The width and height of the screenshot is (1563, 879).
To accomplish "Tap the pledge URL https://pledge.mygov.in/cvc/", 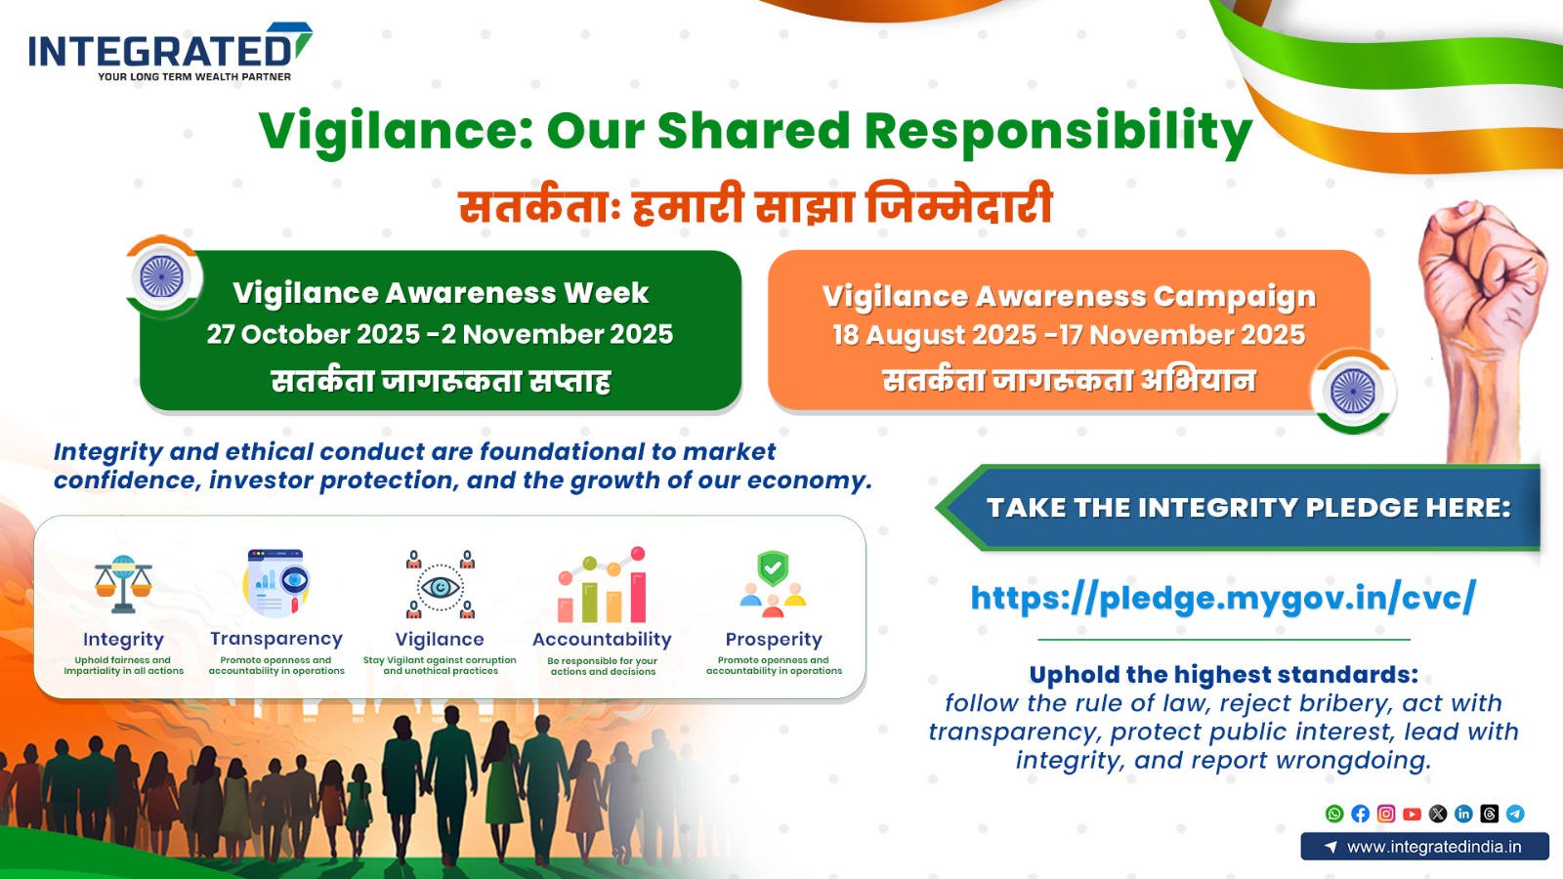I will coord(1222,597).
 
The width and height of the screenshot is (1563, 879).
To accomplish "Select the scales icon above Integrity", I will coord(123,584).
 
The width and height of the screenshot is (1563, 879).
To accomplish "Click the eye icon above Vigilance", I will coord(440,586).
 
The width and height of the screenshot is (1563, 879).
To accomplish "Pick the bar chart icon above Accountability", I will coord(602,586).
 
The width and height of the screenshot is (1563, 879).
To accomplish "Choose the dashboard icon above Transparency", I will coord(276,583).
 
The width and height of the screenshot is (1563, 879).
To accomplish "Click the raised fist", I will coord(1479,293).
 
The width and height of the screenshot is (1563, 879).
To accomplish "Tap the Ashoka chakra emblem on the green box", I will coord(162,277).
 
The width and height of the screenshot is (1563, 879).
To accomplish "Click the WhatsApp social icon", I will coord(1334,814).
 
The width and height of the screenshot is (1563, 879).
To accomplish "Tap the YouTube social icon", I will coord(1412,814).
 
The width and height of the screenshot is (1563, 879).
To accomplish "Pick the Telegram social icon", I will coord(1515,814).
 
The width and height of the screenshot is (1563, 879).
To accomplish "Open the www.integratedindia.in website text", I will coord(1433,847).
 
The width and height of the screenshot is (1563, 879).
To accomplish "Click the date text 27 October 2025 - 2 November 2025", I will coord(440,334).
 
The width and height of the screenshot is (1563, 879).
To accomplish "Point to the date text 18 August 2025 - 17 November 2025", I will coord(1069,335).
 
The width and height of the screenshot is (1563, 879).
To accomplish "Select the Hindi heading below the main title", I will coord(755,206).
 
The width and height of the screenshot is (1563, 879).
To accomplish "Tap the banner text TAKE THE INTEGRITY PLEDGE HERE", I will coord(1247,508).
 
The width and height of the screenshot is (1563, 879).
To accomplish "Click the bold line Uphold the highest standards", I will coord(1223,675).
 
